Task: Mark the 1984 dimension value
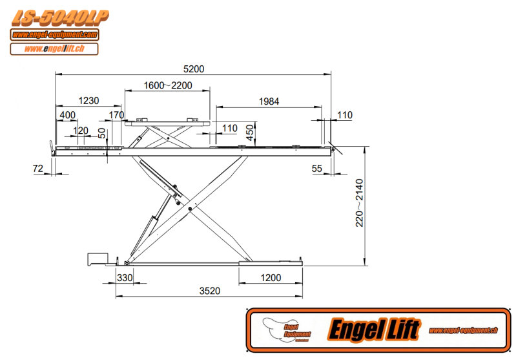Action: point(269,101)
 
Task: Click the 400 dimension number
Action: point(67,115)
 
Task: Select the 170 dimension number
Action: point(116,115)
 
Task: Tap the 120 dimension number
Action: point(81,130)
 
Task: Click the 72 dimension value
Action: point(37,169)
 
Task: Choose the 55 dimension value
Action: point(316,169)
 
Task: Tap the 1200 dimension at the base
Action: point(271,278)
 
